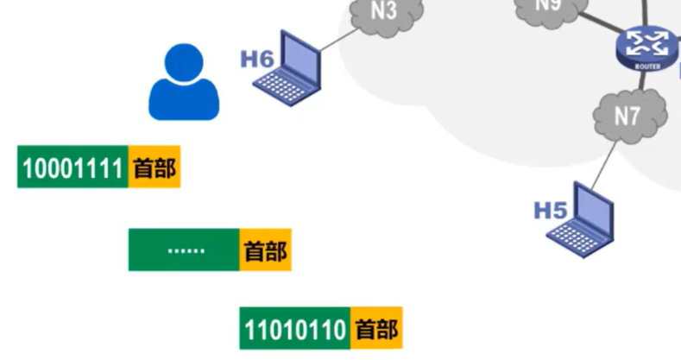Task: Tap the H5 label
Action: point(550,209)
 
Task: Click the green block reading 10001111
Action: point(73,167)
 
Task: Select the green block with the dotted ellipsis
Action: point(184,250)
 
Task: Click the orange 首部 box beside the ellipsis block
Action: point(265,250)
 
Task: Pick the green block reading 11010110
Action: point(295,329)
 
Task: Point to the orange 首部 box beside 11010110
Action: point(376,329)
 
